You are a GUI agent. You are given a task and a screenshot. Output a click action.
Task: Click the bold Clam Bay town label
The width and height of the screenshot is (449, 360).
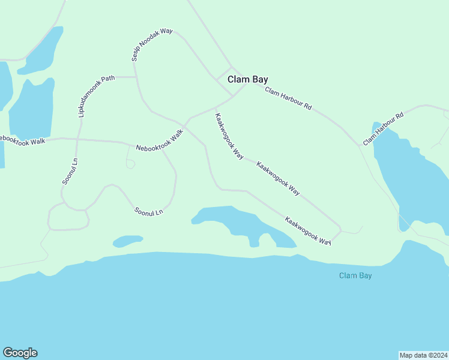(247, 79)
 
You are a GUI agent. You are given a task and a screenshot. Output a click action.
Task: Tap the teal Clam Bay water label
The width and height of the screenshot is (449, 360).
(355, 275)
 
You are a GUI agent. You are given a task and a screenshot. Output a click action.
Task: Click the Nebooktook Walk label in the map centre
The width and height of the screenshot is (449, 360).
(159, 140)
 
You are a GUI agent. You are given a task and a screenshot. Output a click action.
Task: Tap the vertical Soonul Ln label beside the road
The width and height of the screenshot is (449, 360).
(70, 171)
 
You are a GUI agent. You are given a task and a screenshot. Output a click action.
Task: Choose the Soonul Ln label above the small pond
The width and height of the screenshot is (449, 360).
(149, 212)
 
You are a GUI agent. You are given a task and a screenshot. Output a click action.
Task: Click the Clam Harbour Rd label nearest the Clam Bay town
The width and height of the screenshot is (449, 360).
(288, 99)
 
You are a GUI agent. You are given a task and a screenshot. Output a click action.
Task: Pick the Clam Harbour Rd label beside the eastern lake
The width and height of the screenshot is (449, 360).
(383, 128)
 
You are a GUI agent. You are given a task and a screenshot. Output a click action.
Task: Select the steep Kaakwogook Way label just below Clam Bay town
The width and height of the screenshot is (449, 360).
(229, 136)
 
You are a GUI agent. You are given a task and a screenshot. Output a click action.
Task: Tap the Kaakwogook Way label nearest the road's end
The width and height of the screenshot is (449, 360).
(308, 231)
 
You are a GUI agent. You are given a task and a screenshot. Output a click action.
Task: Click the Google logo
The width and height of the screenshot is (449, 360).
(20, 353)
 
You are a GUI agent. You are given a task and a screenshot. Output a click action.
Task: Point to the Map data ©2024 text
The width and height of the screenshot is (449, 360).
(423, 355)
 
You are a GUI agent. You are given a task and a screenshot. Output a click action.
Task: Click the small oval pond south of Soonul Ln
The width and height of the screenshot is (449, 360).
(127, 241)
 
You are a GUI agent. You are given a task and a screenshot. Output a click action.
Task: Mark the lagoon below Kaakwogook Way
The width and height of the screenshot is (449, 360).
(240, 225)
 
